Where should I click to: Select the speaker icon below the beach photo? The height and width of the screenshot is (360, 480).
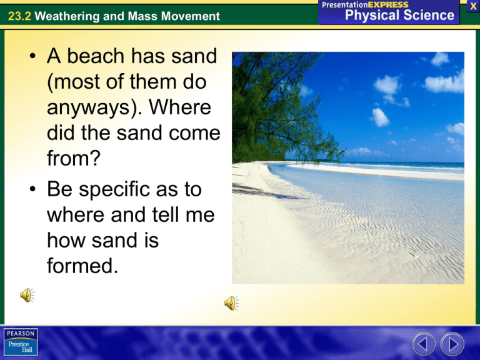click(x=231, y=303)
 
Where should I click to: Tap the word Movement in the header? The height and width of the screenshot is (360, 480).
click(x=187, y=16)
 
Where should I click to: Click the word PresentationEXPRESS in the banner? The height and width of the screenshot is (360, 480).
click(x=365, y=4)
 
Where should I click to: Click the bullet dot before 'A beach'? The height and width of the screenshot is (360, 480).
click(x=32, y=61)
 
